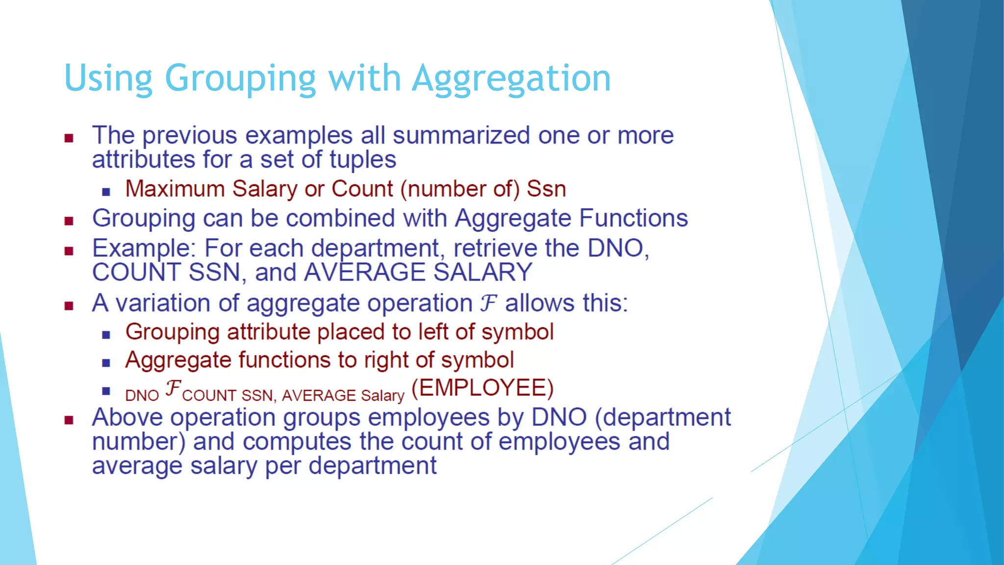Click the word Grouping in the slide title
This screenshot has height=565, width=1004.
(x=240, y=78)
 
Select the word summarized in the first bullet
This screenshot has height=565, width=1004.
(x=461, y=135)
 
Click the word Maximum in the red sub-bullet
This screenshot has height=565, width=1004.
(x=175, y=189)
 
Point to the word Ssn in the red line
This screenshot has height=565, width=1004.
(x=546, y=189)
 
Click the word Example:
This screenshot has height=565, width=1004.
(x=144, y=249)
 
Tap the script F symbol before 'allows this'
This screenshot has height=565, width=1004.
(x=488, y=303)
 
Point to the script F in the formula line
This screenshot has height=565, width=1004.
(x=173, y=388)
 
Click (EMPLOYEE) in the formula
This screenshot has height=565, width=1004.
(x=482, y=388)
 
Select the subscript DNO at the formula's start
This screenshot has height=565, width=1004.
(x=142, y=395)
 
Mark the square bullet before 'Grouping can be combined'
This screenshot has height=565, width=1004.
(x=69, y=221)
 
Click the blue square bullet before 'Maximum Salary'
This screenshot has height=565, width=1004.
(x=106, y=192)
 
